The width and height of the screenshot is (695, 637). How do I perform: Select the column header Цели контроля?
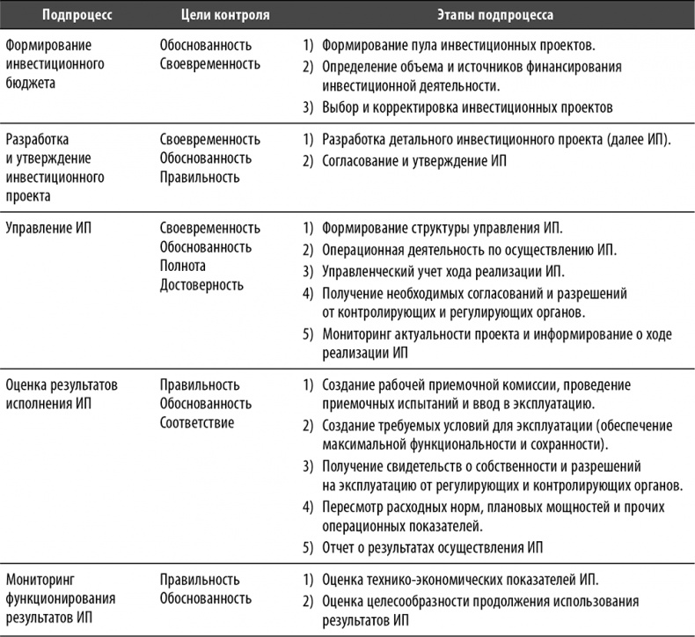[210, 16]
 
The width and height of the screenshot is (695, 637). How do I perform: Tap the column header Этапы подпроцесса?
[492, 16]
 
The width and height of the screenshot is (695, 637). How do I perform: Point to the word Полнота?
[183, 266]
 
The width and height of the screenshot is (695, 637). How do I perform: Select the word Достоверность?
[201, 284]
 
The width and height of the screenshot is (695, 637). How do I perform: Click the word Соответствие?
[196, 423]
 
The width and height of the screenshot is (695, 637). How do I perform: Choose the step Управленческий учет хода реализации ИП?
[443, 270]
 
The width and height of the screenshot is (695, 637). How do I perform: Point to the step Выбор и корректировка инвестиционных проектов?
[465, 107]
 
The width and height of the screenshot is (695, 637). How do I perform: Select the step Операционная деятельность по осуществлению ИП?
[469, 249]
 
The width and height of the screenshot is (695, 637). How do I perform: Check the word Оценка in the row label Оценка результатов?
[27, 385]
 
